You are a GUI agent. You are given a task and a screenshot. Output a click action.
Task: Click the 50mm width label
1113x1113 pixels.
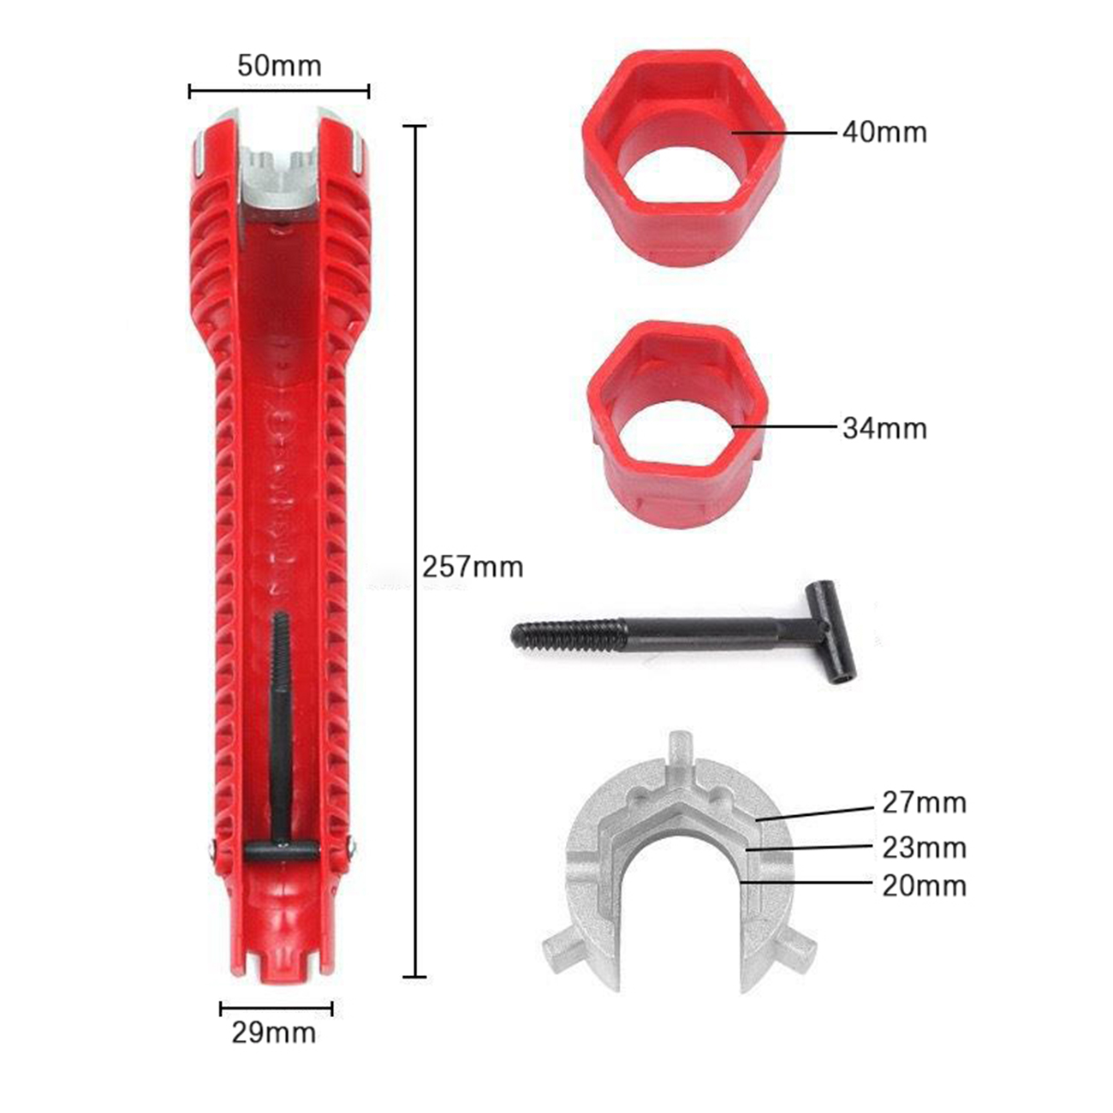point(279,66)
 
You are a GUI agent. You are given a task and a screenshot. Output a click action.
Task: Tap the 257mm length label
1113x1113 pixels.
point(473,567)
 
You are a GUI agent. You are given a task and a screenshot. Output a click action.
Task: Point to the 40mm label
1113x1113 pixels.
point(884,133)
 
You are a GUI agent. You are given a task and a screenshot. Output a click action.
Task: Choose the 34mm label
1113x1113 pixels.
point(884,429)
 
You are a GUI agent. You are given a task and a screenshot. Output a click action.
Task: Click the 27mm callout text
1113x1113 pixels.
point(924,803)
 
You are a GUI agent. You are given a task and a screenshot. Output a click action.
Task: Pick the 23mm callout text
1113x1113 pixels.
point(924,848)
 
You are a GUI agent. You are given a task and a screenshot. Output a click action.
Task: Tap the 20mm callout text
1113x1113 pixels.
point(924,886)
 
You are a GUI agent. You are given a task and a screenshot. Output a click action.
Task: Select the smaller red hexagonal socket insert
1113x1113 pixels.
point(677,423)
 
